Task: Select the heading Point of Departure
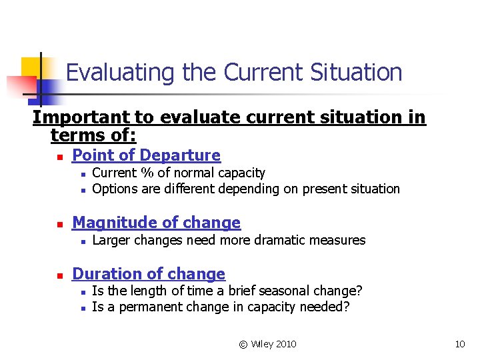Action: [x=146, y=155]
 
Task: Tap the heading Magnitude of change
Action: [x=156, y=223]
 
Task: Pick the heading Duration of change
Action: [x=148, y=274]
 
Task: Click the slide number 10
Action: [x=459, y=344]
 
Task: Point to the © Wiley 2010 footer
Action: [x=267, y=344]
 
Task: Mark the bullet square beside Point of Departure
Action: [x=59, y=157]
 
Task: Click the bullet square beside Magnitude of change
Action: [x=59, y=224]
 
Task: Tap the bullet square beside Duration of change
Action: [x=59, y=275]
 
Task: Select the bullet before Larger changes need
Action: [x=81, y=241]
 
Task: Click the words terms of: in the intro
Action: [x=93, y=136]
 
